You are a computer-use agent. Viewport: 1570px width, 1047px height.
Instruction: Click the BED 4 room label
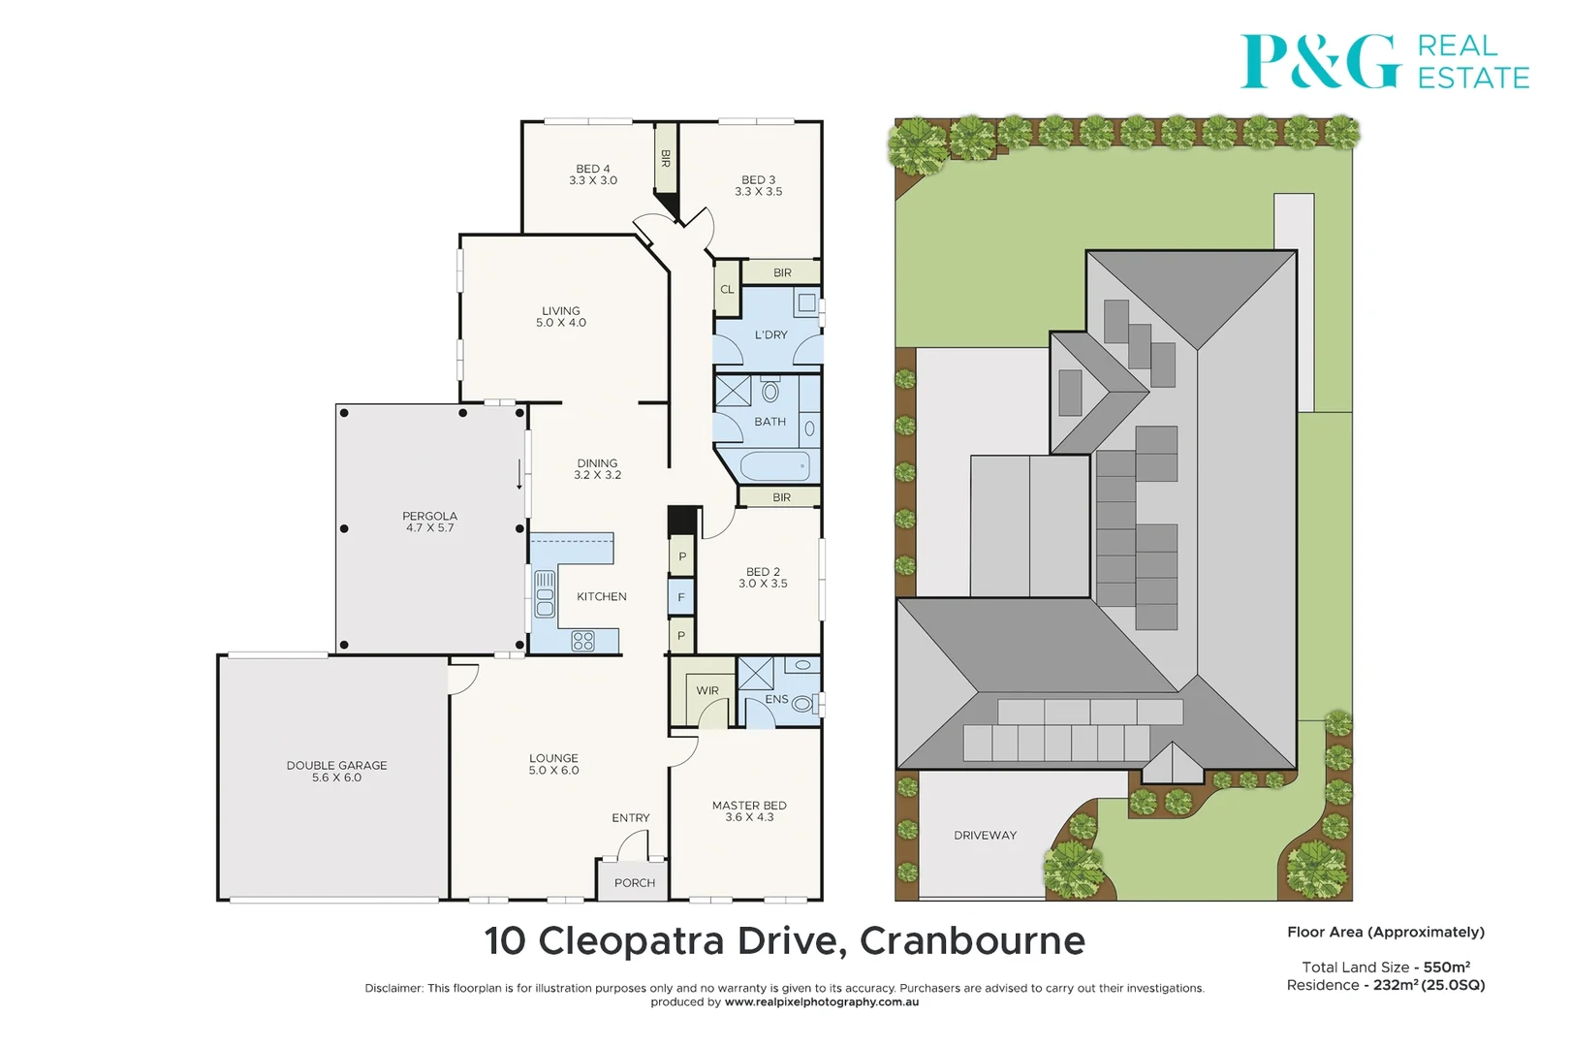592,169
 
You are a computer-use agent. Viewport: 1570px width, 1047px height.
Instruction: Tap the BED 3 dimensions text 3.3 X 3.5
758,192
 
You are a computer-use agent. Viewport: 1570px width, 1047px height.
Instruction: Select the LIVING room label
561,311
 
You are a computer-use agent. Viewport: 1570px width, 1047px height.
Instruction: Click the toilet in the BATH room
770,392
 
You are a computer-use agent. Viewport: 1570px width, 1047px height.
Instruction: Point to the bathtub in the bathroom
775,466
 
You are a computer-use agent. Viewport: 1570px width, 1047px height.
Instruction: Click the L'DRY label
770,335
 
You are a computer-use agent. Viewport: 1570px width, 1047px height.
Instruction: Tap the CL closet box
727,289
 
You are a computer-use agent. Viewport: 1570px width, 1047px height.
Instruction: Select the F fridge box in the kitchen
681,597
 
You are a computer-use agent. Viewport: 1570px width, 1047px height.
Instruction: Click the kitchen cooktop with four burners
582,641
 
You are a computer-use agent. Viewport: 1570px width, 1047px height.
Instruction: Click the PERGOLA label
429,516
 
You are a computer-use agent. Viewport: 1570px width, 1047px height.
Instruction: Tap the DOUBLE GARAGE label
336,765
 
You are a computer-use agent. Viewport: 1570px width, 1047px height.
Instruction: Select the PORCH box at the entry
634,882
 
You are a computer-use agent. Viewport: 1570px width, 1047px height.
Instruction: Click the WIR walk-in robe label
707,691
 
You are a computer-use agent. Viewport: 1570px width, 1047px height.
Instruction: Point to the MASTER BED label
749,806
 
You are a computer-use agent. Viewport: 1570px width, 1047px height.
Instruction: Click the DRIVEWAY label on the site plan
985,835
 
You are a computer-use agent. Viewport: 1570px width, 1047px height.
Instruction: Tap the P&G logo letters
1320,62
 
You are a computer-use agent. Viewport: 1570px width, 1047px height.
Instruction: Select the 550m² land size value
1446,967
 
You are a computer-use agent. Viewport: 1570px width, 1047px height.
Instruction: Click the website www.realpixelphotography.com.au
821,1002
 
